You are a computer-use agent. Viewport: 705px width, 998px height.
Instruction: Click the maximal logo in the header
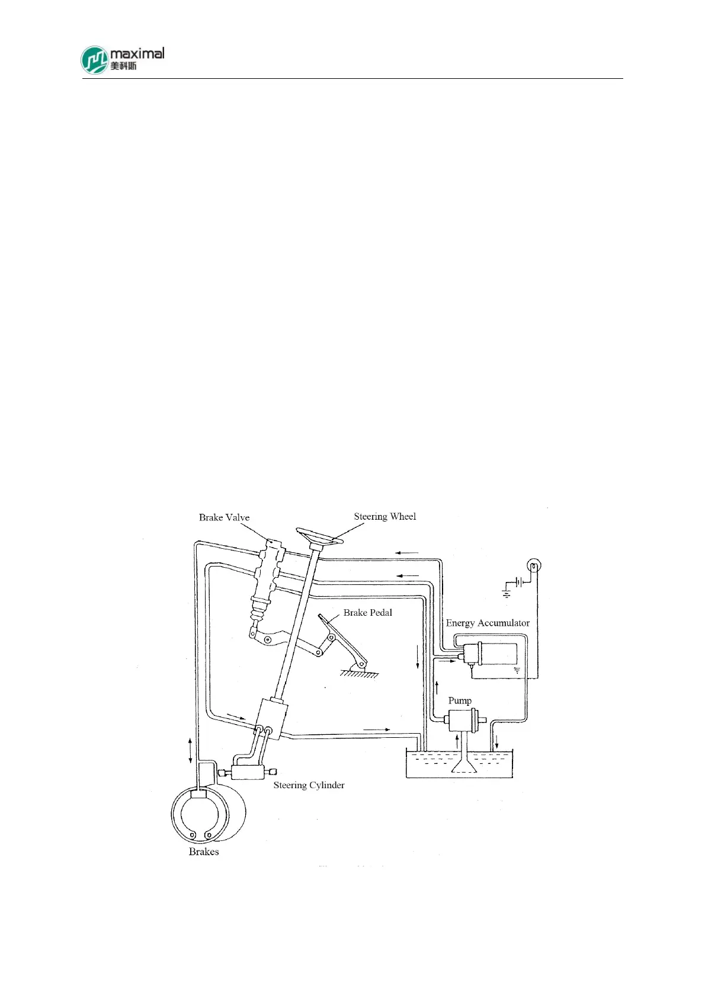[122, 59]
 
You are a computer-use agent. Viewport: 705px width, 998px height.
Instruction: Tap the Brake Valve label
[224, 517]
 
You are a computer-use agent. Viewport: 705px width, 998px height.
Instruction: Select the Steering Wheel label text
[385, 516]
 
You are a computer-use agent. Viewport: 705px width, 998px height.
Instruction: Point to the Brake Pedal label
[368, 612]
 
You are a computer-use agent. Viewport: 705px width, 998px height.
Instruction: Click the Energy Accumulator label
[488, 623]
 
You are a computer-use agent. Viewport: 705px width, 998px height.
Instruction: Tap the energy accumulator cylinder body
[498, 653]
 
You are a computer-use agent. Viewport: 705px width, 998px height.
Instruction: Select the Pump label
[460, 700]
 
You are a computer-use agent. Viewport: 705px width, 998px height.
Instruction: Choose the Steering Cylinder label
[309, 785]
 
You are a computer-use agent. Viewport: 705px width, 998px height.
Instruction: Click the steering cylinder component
[248, 772]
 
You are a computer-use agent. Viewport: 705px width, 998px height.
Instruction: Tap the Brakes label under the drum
[204, 852]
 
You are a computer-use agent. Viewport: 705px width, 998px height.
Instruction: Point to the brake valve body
[268, 569]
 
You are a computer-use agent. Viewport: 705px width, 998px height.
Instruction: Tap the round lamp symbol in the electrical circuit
[534, 565]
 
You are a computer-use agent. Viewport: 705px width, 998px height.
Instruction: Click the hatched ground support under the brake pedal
[360, 673]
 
